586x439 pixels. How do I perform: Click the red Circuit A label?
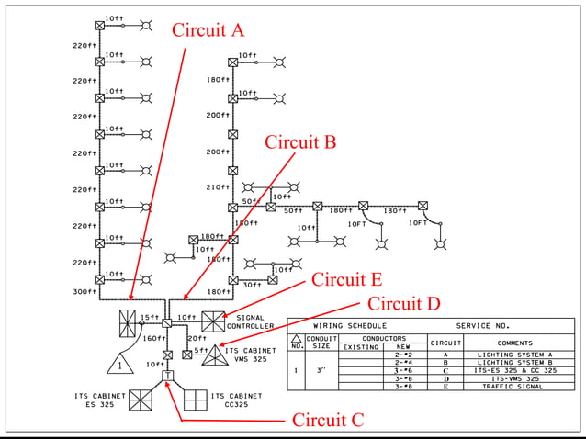pos(208,29)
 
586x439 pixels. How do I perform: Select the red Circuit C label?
pos(328,420)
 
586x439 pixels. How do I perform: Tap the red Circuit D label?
pos(404,303)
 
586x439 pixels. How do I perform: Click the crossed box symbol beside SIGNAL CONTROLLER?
pos(213,321)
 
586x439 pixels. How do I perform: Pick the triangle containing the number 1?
pos(118,365)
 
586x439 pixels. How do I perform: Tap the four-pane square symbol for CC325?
pos(197,400)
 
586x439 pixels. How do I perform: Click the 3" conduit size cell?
pos(321,371)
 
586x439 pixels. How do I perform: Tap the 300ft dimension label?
pos(85,292)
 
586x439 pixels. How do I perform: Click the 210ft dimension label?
pos(218,187)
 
